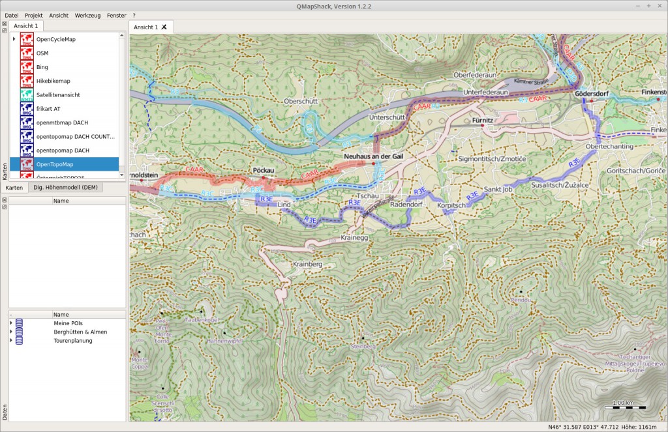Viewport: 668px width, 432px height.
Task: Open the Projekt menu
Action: click(x=33, y=15)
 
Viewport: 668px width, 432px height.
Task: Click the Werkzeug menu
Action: click(x=88, y=15)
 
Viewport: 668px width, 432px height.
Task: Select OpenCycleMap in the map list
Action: click(x=55, y=39)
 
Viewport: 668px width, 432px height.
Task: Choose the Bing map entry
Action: click(x=42, y=67)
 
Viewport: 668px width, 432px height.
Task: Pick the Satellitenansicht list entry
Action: click(x=58, y=94)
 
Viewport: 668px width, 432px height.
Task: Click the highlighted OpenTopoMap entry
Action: click(x=55, y=164)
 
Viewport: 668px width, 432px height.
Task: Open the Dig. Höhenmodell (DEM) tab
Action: click(x=65, y=188)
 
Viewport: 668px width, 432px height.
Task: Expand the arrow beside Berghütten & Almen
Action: click(x=11, y=332)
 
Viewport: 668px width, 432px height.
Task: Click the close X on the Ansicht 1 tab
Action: click(x=164, y=27)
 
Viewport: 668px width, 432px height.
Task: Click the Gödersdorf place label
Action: click(x=592, y=94)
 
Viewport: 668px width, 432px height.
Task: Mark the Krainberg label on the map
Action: click(x=308, y=264)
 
